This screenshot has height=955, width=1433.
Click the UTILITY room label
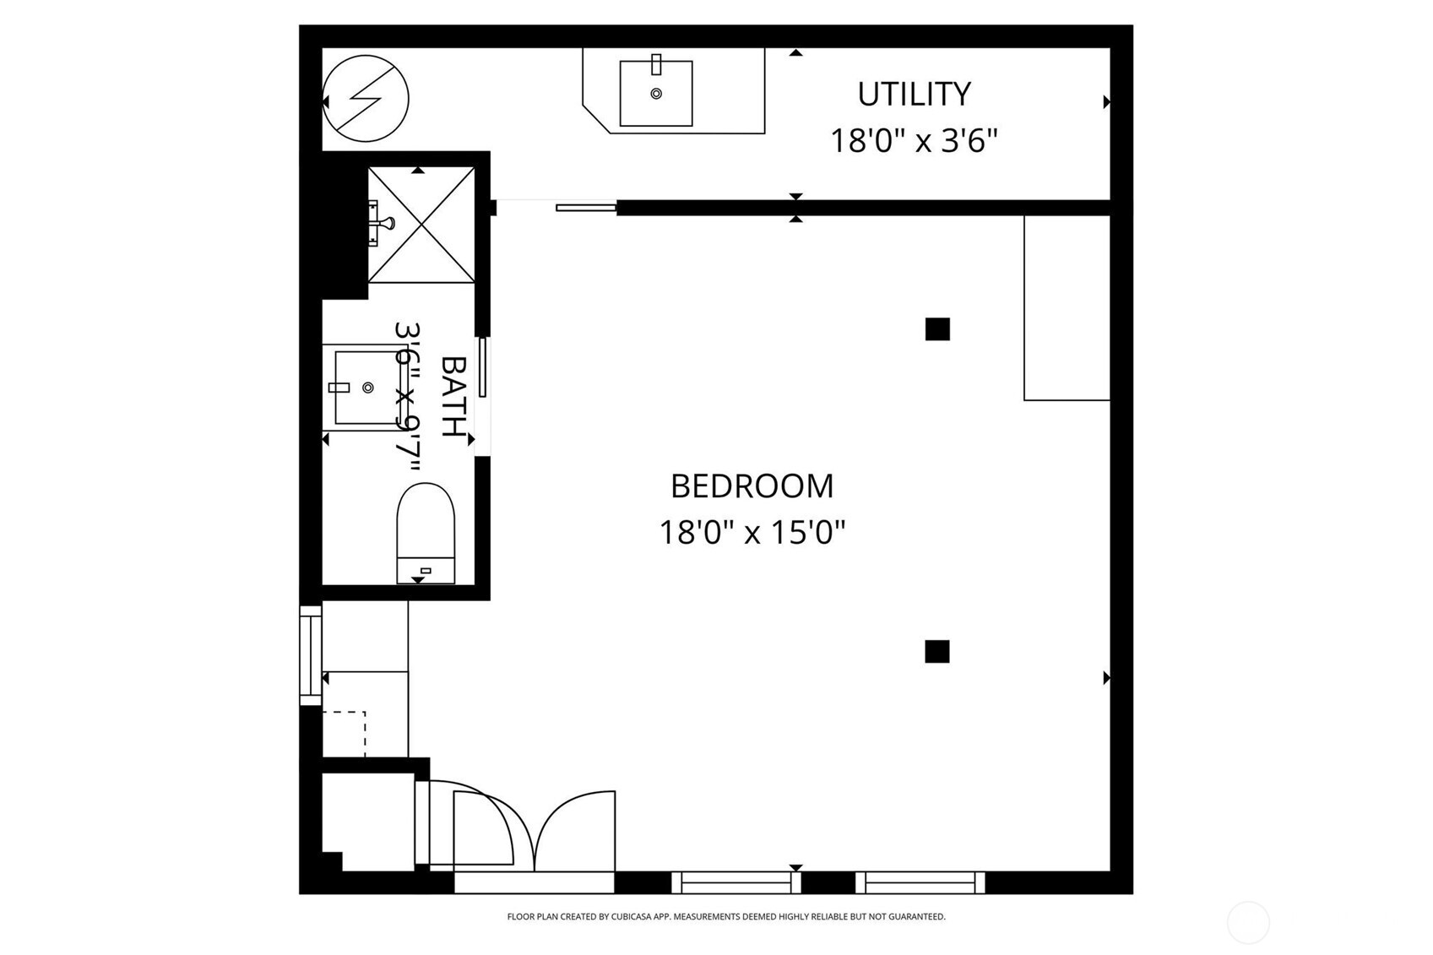tap(914, 94)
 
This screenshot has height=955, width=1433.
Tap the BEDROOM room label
tap(752, 486)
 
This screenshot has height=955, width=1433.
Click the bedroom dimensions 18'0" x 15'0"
tap(752, 533)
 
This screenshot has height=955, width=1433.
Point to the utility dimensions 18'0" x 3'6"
tap(914, 141)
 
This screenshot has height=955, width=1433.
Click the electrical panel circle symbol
tap(366, 98)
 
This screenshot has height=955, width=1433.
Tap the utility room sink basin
tap(656, 94)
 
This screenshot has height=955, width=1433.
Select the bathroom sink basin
tap(366, 388)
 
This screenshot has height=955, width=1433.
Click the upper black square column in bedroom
tap(937, 328)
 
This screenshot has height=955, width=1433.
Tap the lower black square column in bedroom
tap(936, 651)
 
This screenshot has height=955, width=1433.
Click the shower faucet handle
tap(385, 224)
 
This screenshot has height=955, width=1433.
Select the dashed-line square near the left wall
tap(345, 734)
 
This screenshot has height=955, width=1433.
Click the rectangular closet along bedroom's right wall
tap(1067, 307)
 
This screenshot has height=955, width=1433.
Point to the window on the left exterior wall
tap(311, 655)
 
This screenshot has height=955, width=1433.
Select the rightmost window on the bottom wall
tap(920, 882)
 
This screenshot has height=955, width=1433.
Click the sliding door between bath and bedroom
tap(482, 366)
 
